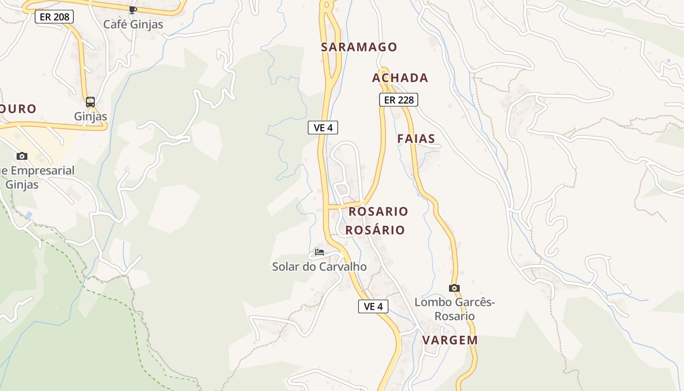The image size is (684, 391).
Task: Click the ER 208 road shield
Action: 54,17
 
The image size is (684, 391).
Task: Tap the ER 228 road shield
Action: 399,100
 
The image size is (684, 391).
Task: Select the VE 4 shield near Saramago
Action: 323,128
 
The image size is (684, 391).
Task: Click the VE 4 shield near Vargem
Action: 373,306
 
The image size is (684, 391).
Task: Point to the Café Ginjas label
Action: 133,24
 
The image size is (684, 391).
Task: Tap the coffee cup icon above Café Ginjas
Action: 132,9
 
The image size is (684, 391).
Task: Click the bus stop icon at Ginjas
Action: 90,102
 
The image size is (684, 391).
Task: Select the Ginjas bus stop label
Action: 90,116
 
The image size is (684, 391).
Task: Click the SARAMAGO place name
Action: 359,47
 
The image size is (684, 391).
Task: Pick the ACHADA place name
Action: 400,78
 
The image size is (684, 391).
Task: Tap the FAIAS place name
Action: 416,139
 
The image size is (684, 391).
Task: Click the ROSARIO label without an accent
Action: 378,212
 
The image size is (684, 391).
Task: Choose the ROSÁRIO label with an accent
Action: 375,230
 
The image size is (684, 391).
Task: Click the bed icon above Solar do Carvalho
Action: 320,252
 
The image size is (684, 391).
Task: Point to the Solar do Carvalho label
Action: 320,267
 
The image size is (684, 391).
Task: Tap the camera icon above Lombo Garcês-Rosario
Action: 454,288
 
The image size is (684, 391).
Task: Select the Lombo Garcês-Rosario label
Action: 454,309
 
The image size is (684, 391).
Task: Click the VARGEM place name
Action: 450,340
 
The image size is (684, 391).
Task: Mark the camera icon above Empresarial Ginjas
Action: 22,156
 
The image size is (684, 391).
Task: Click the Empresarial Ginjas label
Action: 34,177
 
